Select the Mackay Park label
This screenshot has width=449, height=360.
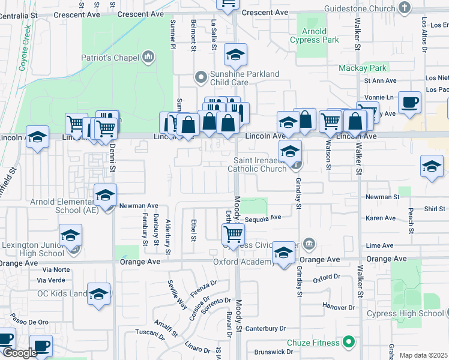point(362,68)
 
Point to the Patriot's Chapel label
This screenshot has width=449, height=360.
point(112,58)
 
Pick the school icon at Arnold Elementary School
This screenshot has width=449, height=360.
point(105,195)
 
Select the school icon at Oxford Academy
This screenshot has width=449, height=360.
point(283,252)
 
